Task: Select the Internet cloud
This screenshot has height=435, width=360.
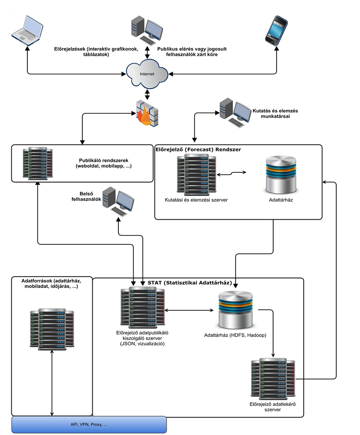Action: coord(147,74)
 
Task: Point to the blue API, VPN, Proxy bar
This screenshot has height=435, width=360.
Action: coord(89,425)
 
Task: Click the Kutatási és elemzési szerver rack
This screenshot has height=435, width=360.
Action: coord(196,174)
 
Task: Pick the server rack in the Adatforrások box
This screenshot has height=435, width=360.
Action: coord(52,328)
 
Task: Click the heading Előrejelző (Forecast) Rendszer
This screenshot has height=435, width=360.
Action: coord(198,149)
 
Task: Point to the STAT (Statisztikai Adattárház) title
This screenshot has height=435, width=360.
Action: coord(190,283)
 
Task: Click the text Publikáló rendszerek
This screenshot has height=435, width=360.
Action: coord(104,160)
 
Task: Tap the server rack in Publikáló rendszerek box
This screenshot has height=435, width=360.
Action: coord(37,163)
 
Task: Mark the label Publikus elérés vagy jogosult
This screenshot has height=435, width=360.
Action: coord(192,49)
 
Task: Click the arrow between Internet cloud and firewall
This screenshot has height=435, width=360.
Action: coord(147,94)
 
